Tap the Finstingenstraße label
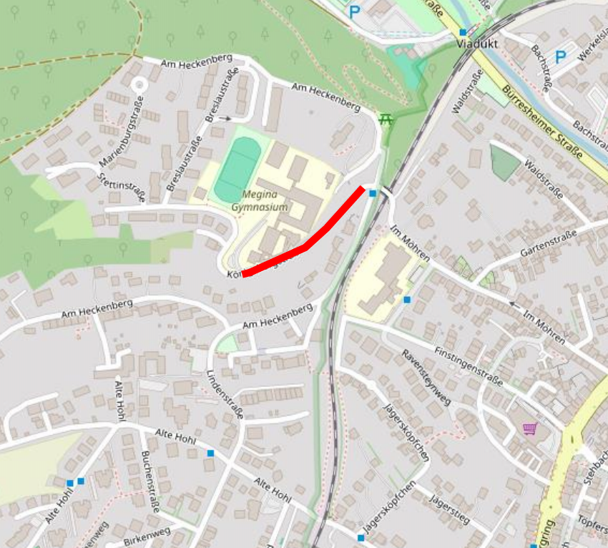click(469, 366)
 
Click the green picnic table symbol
click(387, 119)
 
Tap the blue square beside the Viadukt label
click(464, 32)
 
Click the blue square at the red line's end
click(373, 192)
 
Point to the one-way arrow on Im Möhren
click(512, 304)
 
